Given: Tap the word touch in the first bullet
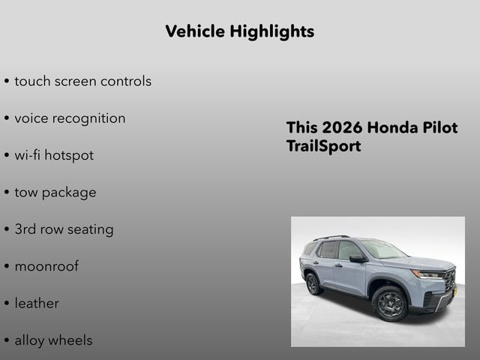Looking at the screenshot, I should pyautogui.click(x=31, y=81).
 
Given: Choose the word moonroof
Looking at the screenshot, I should pyautogui.click(x=46, y=266).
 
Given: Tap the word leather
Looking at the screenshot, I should pyautogui.click(x=37, y=303).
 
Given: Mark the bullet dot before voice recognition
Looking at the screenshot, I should pyautogui.click(x=7, y=119).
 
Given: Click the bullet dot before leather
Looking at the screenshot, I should pyautogui.click(x=7, y=304).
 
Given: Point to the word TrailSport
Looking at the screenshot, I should pyautogui.click(x=323, y=146).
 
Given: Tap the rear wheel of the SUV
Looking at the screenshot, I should pyautogui.click(x=313, y=283).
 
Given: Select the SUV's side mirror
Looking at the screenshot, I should pyautogui.click(x=357, y=259).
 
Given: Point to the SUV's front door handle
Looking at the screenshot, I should pyautogui.click(x=339, y=265).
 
